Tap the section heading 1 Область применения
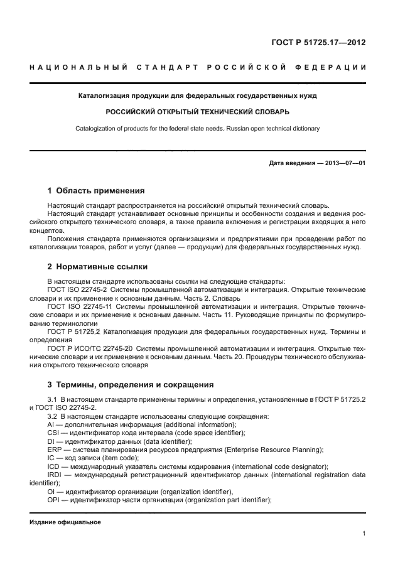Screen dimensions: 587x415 click(96, 190)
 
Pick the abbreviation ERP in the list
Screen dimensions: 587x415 click(55, 450)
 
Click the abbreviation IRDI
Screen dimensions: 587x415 click(56, 475)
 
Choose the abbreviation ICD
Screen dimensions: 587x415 click(55, 466)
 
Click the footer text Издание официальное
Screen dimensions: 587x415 click(65, 522)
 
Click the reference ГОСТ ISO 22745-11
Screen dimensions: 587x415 click(78, 306)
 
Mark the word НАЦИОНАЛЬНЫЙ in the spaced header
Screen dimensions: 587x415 click(77, 67)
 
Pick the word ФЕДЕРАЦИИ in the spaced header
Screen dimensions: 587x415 click(336, 67)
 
